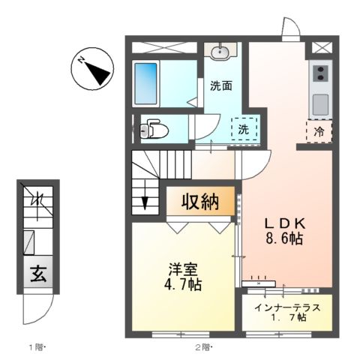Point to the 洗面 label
(x=220, y=85)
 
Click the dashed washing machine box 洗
(x=244, y=129)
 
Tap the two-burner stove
(x=319, y=73)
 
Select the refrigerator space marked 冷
(x=319, y=130)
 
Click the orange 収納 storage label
(x=199, y=202)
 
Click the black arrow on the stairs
(x=147, y=200)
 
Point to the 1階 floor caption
(x=38, y=346)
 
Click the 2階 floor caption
(x=204, y=346)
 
